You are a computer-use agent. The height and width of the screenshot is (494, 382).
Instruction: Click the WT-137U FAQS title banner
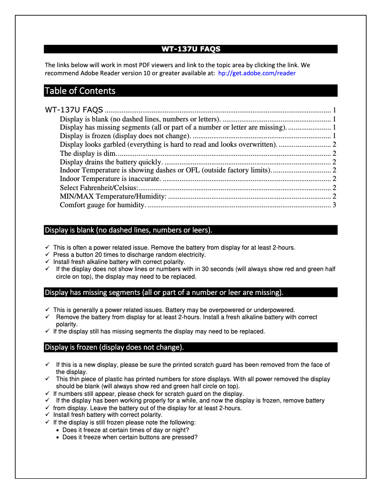pos(191,49)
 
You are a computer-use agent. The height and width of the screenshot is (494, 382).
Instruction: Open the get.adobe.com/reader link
pos(256,73)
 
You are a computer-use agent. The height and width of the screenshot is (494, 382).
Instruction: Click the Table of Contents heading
pos(80,91)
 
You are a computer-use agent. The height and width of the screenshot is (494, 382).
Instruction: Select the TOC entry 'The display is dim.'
pos(88,153)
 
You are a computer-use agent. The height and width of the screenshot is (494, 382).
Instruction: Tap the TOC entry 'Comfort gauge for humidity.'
pos(103,205)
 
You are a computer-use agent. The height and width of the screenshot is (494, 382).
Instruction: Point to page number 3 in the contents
pos(335,205)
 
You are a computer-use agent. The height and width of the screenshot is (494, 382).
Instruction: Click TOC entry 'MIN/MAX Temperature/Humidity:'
pos(113,196)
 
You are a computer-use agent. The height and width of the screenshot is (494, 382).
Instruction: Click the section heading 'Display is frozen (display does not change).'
pos(114,347)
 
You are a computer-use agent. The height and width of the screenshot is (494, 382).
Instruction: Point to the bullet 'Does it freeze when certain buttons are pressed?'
pos(130,437)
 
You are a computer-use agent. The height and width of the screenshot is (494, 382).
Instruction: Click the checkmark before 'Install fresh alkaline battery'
pos(47,262)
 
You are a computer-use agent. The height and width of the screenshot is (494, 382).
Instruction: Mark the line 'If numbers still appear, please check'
pos(148,394)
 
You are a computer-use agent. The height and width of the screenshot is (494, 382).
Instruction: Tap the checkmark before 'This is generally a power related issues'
pos(47,310)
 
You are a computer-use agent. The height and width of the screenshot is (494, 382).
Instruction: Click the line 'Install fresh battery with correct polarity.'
pos(107,415)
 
